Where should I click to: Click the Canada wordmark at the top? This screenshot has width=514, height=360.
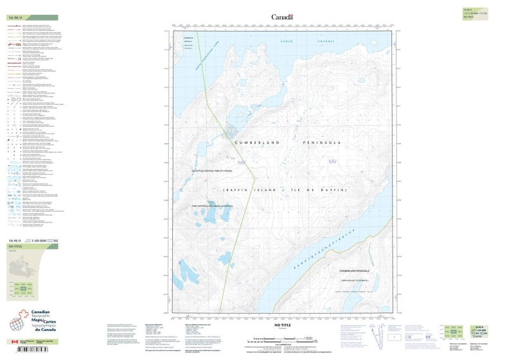[282, 17]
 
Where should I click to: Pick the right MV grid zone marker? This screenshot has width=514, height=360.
[332, 161]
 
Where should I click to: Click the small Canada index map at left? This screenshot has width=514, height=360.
[24, 265]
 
